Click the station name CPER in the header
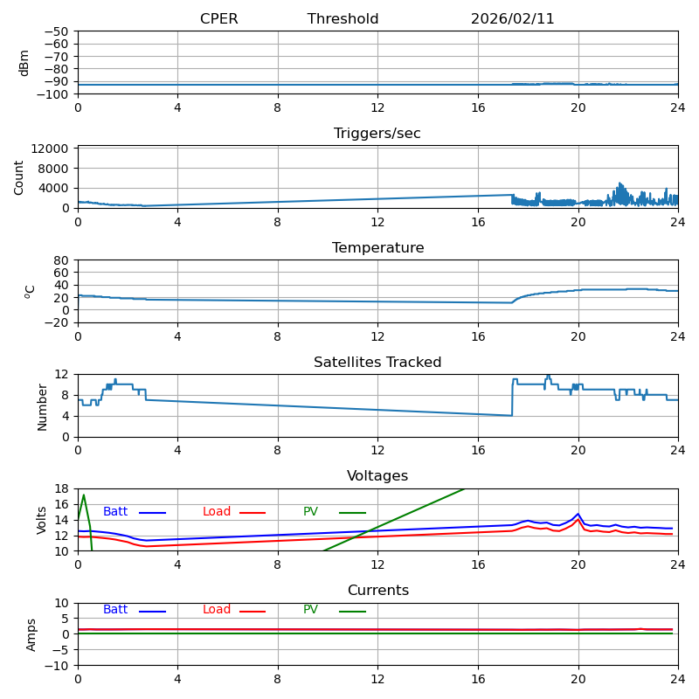point(218,19)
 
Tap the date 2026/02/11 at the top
point(512,19)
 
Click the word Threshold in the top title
point(343,19)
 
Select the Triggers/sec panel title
point(377,134)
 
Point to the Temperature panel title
point(377,248)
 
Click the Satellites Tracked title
point(377,363)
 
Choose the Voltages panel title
point(377,476)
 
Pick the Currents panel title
point(377,591)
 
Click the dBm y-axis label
point(24,63)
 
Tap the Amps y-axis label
point(31,634)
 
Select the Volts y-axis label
point(42,520)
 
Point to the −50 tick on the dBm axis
point(58,31)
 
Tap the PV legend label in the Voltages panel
point(310,512)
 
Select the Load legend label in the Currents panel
point(217,610)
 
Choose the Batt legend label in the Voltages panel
point(115,512)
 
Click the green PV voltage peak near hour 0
point(83,495)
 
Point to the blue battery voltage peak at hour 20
point(578,514)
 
